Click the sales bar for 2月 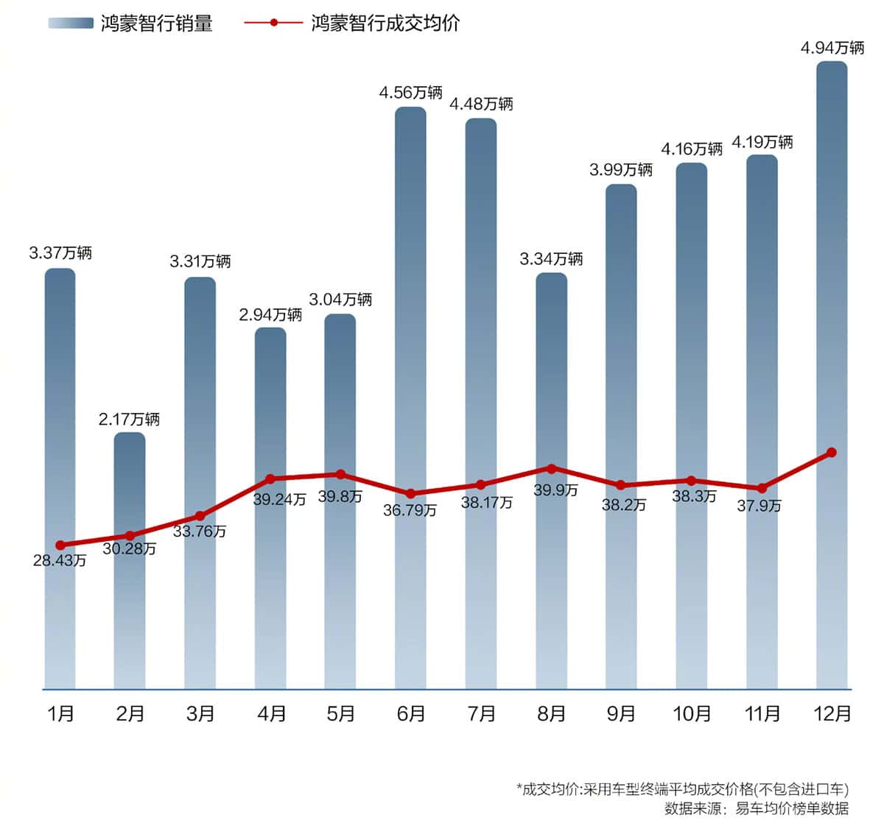(x=130, y=559)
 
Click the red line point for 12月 (x=831, y=452)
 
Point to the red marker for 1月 (x=60, y=545)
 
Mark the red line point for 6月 (x=410, y=493)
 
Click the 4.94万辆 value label (x=832, y=48)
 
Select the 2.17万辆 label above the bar (x=130, y=419)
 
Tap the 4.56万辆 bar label (x=410, y=92)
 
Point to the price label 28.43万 (x=60, y=560)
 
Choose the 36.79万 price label (x=410, y=509)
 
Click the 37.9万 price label (x=760, y=506)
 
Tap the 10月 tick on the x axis (x=692, y=713)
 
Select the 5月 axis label (x=340, y=713)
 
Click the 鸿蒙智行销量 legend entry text (x=156, y=24)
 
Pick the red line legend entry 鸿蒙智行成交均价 (x=385, y=24)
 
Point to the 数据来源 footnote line (x=756, y=808)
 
